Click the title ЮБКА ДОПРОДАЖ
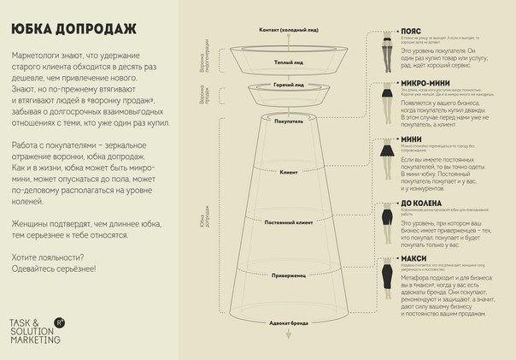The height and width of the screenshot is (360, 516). pyautogui.click(x=74, y=28)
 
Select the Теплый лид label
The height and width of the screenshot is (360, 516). pyautogui.click(x=288, y=63)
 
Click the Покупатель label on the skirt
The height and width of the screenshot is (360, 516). pyautogui.click(x=288, y=121)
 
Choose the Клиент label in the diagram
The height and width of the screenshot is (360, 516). pyautogui.click(x=288, y=172)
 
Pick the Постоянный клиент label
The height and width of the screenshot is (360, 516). pyautogui.click(x=288, y=222)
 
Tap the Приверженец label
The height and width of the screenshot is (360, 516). pyautogui.click(x=288, y=275)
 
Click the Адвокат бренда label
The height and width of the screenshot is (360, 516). pyautogui.click(x=288, y=324)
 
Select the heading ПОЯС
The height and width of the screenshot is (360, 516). pyautogui.click(x=413, y=30)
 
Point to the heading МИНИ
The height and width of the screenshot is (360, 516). pyautogui.click(x=413, y=139)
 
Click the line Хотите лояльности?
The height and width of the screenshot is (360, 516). pyautogui.click(x=47, y=257)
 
